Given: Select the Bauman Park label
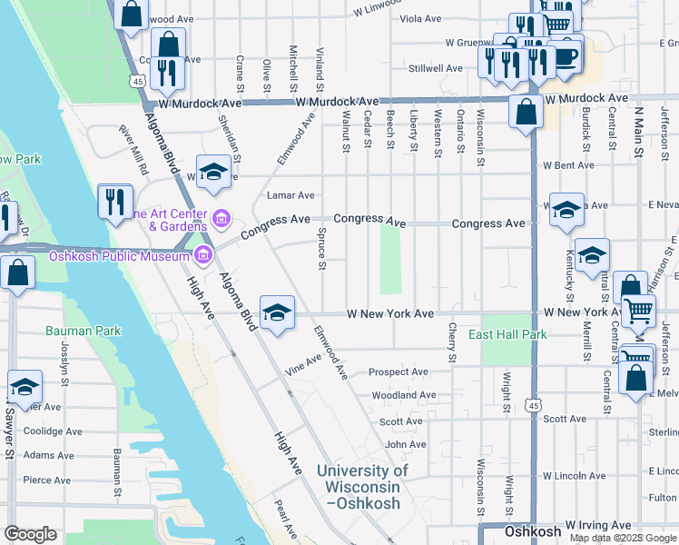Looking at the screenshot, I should pyautogui.click(x=84, y=332).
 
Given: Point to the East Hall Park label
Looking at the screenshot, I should pyautogui.click(x=507, y=335).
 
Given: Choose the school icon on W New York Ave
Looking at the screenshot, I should pyautogui.click(x=277, y=313).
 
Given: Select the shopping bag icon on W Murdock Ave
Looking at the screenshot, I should pyautogui.click(x=526, y=113).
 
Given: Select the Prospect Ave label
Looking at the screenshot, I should pyautogui.click(x=399, y=372).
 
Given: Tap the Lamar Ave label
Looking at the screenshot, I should pyautogui.click(x=290, y=195).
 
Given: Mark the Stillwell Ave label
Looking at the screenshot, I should pyautogui.click(x=436, y=68).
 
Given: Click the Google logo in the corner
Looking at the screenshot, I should pyautogui.click(x=30, y=534).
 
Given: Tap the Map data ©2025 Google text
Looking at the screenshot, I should pyautogui.click(x=622, y=538).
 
